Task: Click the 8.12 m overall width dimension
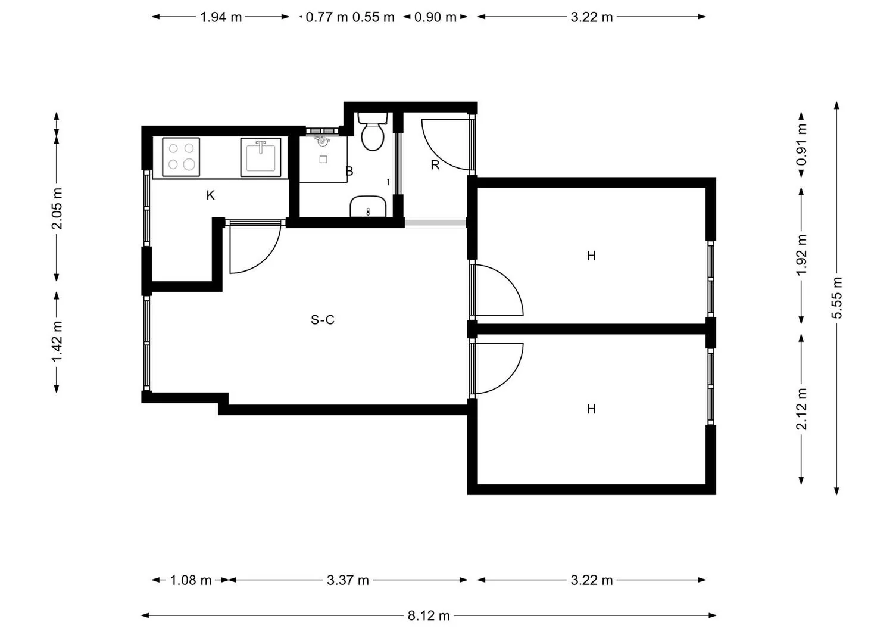pyautogui.click(x=429, y=616)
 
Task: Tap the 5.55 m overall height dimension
pyautogui.click(x=837, y=298)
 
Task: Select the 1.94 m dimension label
pyautogui.click(x=221, y=17)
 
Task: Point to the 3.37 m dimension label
pyautogui.click(x=348, y=580)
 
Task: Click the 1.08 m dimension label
pyautogui.click(x=191, y=580)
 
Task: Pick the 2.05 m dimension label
pyautogui.click(x=57, y=208)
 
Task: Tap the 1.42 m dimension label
pyautogui.click(x=57, y=342)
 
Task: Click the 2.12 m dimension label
pyautogui.click(x=801, y=409)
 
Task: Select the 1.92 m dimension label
pyautogui.click(x=801, y=255)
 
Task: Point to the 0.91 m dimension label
pyautogui.click(x=801, y=144)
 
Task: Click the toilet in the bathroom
pyautogui.click(x=373, y=131)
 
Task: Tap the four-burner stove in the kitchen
pyautogui.click(x=181, y=157)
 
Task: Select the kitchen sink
pyautogui.click(x=261, y=157)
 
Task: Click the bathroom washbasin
pyautogui.click(x=368, y=206)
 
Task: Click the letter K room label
pyautogui.click(x=211, y=195)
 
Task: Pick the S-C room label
pyautogui.click(x=323, y=320)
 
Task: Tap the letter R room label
pyautogui.click(x=435, y=165)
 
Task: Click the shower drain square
pyautogui.click(x=323, y=160)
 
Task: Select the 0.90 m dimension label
pyautogui.click(x=435, y=17)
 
